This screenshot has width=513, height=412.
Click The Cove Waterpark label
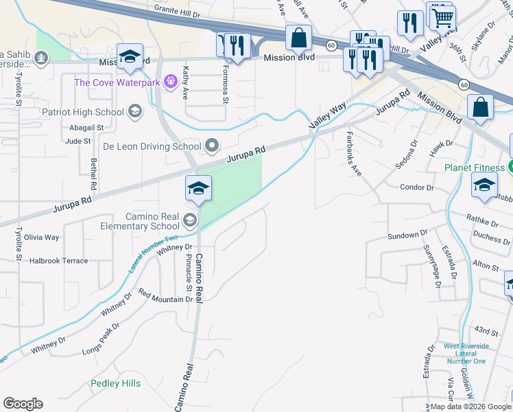(117, 83)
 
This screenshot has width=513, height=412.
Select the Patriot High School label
(82, 112)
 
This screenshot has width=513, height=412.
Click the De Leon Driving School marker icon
(212, 146)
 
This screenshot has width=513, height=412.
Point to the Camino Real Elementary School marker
(189, 220)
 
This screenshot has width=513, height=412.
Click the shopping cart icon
(443, 17)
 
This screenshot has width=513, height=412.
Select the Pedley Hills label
(115, 383)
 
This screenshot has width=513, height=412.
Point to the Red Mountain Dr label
(165, 299)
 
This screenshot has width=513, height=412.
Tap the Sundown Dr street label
(403, 236)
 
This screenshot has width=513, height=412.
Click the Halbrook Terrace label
(58, 261)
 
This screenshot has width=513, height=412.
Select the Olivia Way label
(41, 237)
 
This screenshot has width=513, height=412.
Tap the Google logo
(23, 404)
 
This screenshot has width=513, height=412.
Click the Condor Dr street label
(417, 187)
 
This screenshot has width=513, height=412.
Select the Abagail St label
(86, 128)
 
